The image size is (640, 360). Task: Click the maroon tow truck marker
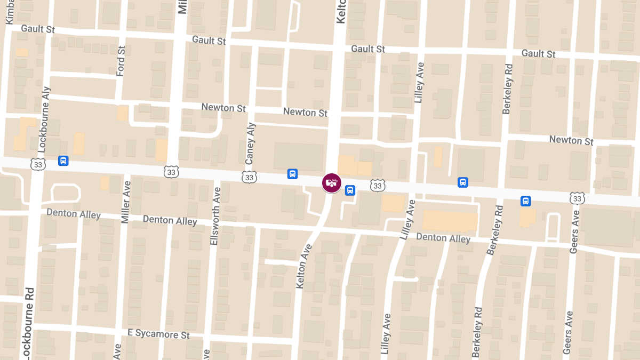332,183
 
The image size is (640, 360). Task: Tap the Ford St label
121,61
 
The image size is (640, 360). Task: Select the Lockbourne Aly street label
44,120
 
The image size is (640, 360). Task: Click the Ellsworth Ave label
215,217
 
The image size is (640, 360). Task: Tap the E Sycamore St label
158,334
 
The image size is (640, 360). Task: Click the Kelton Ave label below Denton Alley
304,267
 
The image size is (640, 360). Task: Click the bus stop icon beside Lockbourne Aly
63,161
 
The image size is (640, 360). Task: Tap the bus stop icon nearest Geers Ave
526,201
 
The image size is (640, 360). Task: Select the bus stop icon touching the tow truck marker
350,190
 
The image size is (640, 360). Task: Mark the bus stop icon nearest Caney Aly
292,174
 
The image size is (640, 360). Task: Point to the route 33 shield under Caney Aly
249,177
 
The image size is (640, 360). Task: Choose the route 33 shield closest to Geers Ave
577,198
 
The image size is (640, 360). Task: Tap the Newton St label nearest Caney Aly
223,108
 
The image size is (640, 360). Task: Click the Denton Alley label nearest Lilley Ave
443,237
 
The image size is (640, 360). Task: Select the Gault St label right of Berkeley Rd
538,53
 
